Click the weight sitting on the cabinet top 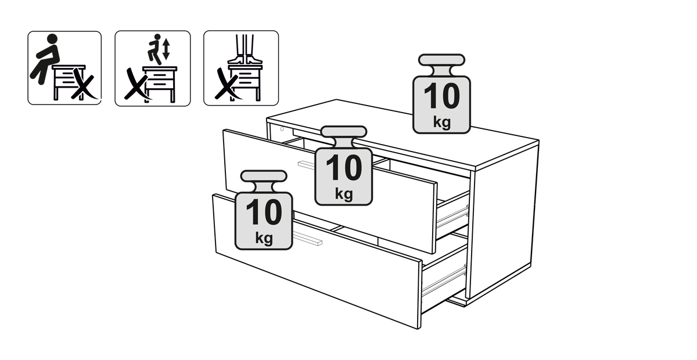(441, 94)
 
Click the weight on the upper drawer (343, 165)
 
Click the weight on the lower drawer (264, 210)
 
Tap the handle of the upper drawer (307, 165)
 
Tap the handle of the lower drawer (307, 238)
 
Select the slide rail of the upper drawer (452, 215)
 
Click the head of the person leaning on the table (52, 39)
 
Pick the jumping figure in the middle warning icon (155, 49)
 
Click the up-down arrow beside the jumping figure (166, 49)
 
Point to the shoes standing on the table (245, 59)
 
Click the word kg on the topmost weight (442, 122)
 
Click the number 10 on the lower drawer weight (264, 212)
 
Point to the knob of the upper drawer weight (343, 132)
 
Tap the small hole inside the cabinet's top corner (282, 129)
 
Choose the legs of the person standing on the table (245, 45)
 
